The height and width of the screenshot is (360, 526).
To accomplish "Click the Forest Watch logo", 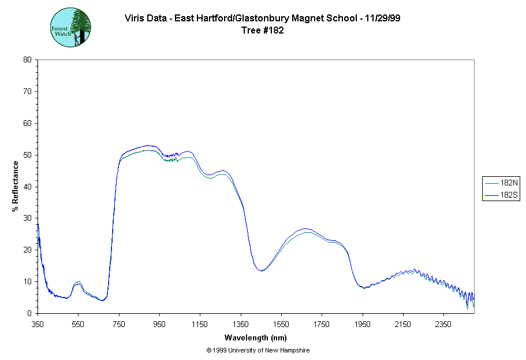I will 71,27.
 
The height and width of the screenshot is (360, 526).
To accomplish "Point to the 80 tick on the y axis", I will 27,60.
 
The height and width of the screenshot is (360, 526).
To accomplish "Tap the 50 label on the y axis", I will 27,155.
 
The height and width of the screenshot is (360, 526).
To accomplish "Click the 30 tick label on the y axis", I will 27,218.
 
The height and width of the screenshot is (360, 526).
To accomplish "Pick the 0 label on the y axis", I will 29,313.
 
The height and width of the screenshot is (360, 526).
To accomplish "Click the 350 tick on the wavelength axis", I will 38,324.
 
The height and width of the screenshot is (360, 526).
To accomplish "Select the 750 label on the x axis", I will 119,324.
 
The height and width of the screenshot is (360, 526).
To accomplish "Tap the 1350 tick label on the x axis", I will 240,324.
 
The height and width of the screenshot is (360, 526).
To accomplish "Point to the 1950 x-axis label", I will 362,324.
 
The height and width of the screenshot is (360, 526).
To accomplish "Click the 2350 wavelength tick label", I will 443,324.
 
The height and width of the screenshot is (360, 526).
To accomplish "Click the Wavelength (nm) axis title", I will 256,338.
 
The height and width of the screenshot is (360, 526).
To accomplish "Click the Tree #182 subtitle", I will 263,31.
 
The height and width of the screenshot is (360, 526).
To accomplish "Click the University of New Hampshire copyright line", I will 258,350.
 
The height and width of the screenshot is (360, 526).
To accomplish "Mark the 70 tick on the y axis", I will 27,91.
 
